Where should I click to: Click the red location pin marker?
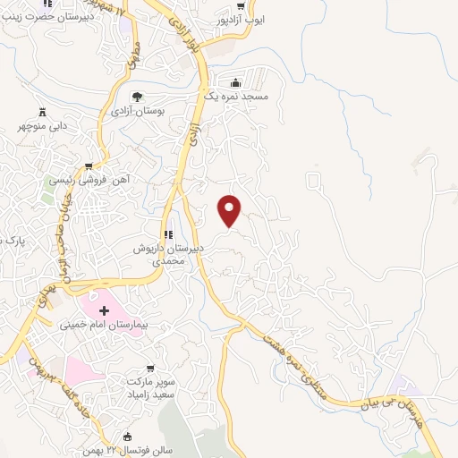pos(231,209)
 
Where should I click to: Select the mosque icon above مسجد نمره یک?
pos(236,80)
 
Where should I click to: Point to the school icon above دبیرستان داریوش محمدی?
pos(166,233)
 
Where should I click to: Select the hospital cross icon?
pos(105,310)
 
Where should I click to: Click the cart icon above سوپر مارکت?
pos(153,368)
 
